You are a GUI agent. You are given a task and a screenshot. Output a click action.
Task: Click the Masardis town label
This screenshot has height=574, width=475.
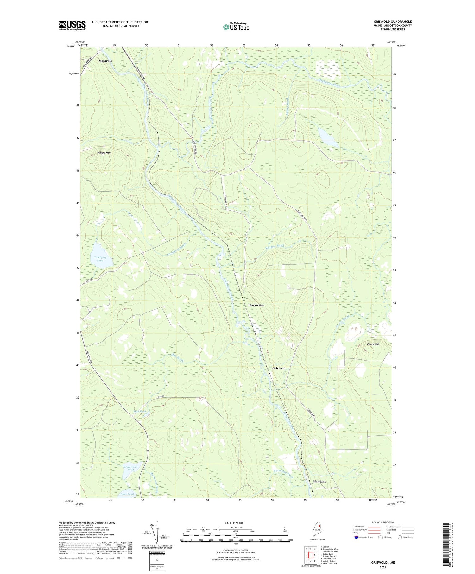[x=105, y=60]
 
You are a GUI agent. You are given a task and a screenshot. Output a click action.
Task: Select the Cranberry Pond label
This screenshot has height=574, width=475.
[x=100, y=259]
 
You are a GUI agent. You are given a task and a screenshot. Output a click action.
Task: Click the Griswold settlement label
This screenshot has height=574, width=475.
[x=279, y=368]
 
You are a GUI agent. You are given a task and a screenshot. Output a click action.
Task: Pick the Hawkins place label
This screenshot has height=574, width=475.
[x=319, y=481]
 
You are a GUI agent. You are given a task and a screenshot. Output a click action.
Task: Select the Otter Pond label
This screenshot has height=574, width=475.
[x=127, y=494]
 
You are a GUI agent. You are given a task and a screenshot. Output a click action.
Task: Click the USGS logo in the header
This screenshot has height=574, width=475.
[x=72, y=25]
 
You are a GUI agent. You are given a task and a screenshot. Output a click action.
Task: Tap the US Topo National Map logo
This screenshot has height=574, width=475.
[x=236, y=27]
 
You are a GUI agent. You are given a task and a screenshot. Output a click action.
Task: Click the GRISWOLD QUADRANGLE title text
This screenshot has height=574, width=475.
[x=392, y=22]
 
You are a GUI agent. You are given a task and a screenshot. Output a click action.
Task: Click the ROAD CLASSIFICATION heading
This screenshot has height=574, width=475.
[x=383, y=522]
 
